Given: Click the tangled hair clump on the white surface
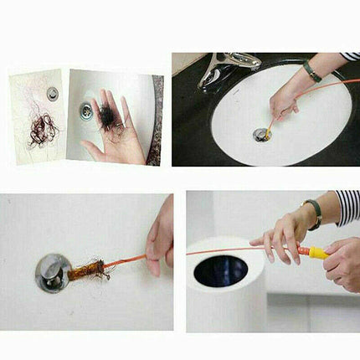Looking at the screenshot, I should click(39, 129).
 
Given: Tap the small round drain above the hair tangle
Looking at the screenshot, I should click(52, 93).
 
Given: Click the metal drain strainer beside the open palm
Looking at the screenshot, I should click(86, 108).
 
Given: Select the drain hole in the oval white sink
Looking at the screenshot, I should click(260, 134).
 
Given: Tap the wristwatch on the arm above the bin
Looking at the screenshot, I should click(315, 213).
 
